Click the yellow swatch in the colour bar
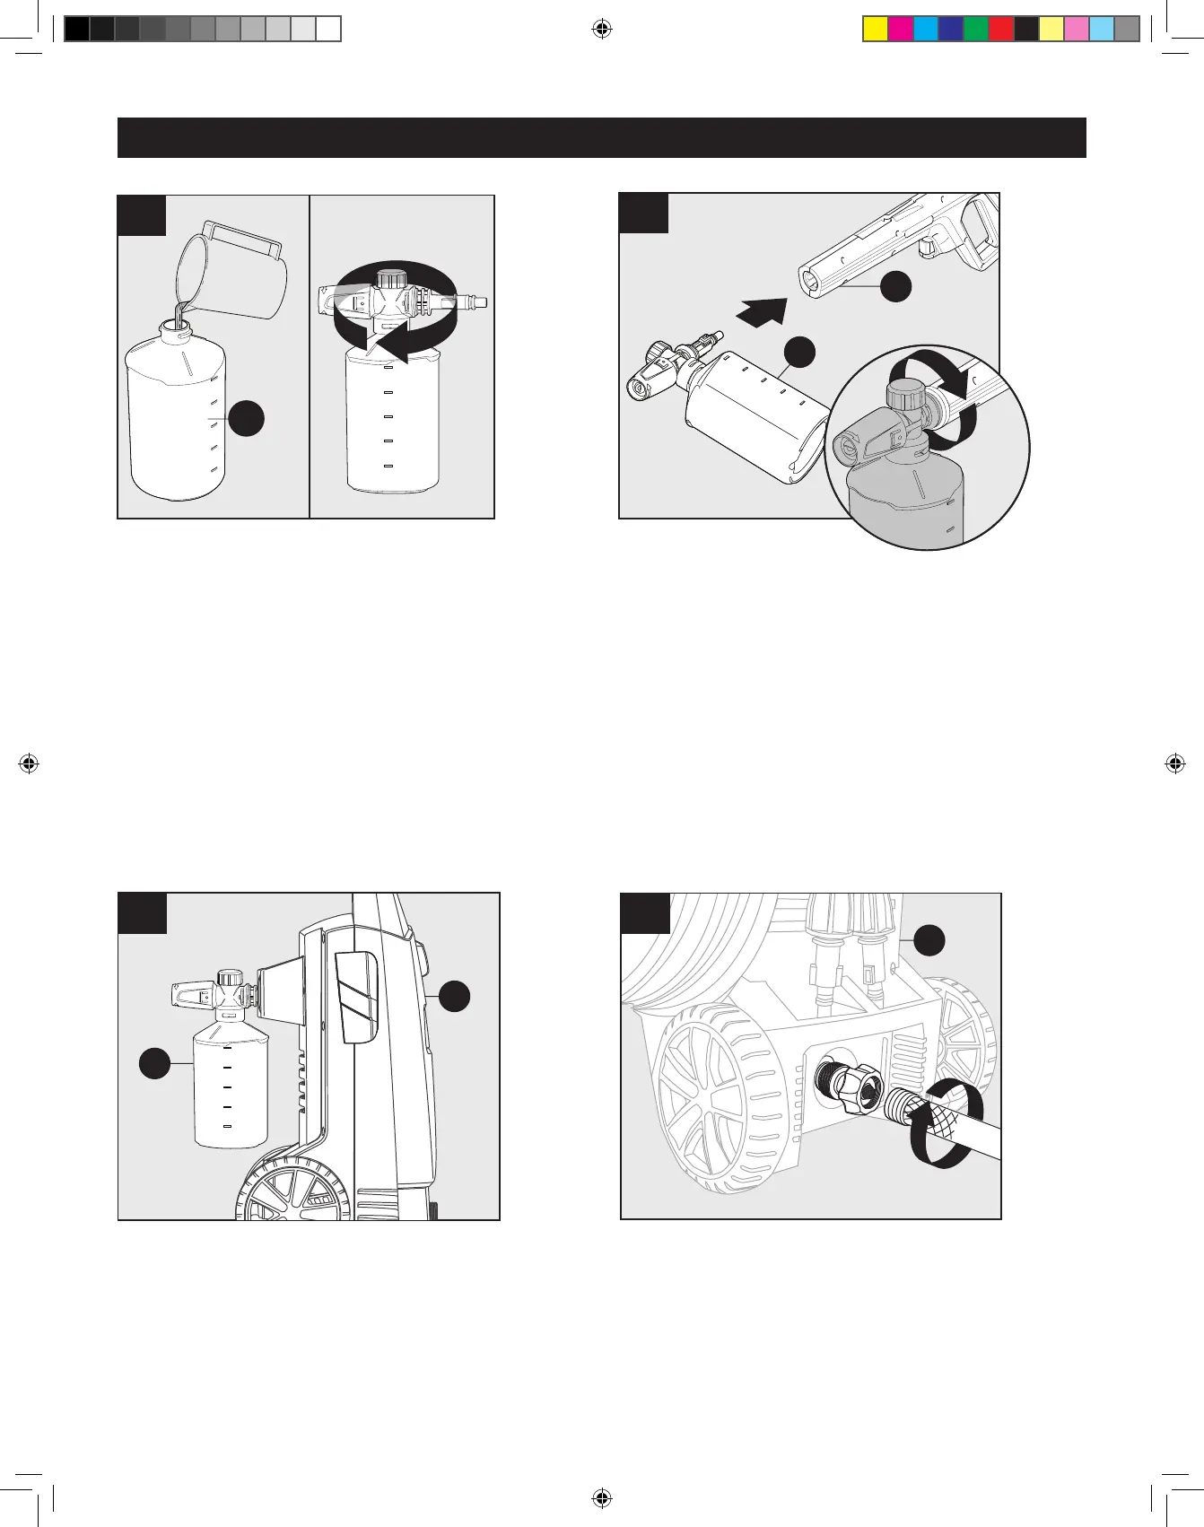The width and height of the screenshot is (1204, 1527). pyautogui.click(x=875, y=30)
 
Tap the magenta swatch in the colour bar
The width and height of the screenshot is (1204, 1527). pyautogui.click(x=900, y=30)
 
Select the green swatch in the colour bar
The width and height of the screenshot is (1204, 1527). pyautogui.click(x=975, y=30)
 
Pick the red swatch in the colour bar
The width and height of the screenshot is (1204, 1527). pyautogui.click(x=1000, y=30)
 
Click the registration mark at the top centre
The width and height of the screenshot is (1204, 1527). pyautogui.click(x=602, y=30)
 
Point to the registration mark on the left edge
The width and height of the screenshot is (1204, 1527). pyautogui.click(x=29, y=763)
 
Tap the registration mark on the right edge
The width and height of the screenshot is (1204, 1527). pyautogui.click(x=1174, y=763)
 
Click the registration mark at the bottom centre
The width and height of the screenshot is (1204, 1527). pyautogui.click(x=602, y=1497)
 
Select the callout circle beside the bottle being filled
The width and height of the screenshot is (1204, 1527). pyautogui.click(x=247, y=419)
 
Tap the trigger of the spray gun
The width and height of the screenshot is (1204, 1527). pyautogui.click(x=927, y=244)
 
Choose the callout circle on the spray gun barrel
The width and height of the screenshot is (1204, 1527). pyautogui.click(x=895, y=286)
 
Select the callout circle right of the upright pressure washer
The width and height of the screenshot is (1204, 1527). pyautogui.click(x=455, y=995)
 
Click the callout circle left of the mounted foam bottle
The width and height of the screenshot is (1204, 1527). pyautogui.click(x=155, y=1063)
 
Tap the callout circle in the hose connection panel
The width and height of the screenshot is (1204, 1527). pyautogui.click(x=929, y=939)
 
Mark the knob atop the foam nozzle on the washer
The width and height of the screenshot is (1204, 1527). pyautogui.click(x=231, y=977)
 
